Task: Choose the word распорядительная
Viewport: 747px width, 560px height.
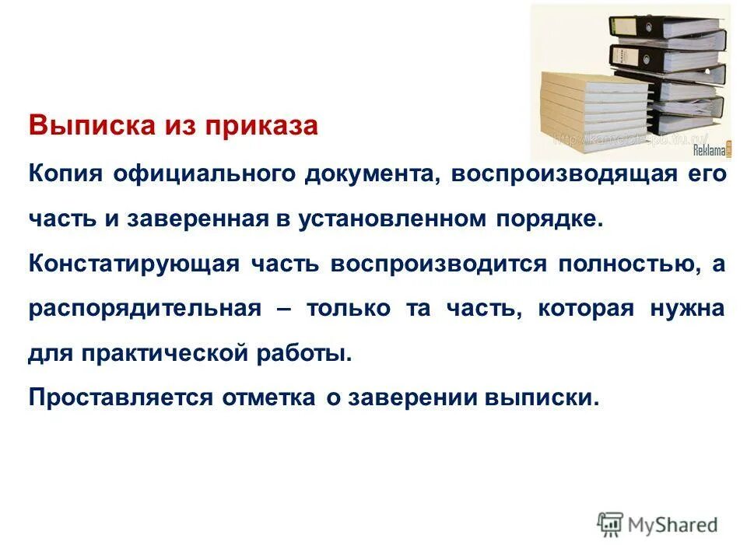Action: click(x=145, y=308)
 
